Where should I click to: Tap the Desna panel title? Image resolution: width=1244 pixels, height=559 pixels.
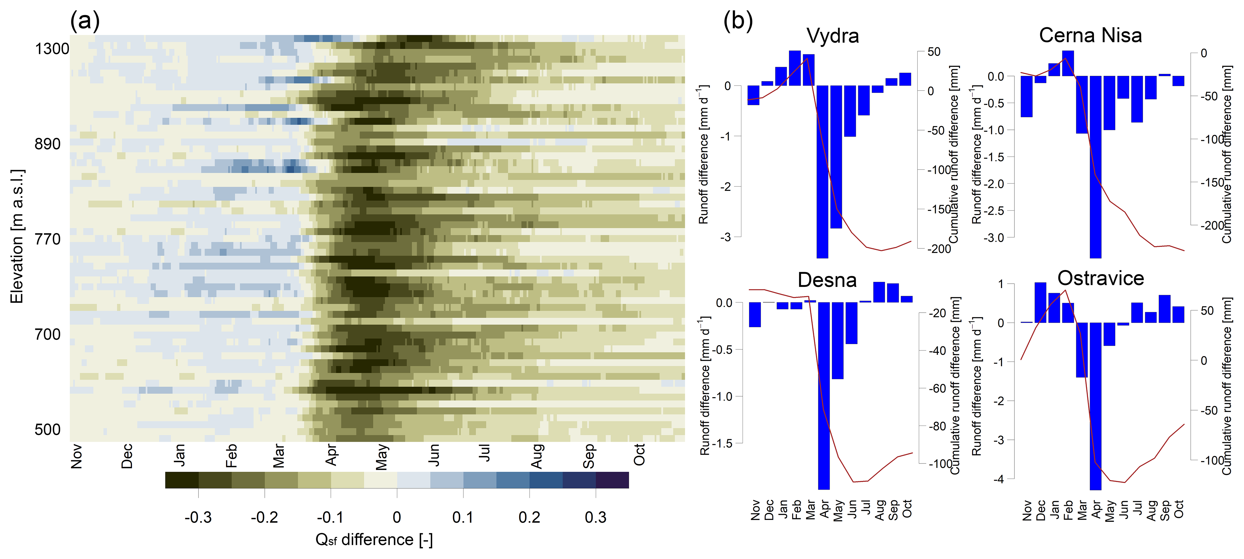827,280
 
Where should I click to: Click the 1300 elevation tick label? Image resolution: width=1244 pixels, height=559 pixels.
52,49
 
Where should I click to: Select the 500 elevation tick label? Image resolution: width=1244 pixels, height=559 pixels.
47,430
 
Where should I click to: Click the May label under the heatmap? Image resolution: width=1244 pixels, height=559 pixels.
382,457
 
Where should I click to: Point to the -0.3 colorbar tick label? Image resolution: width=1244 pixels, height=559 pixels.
198,518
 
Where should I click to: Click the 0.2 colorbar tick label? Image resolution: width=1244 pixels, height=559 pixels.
529,518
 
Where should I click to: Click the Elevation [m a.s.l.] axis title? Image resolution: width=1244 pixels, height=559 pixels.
17,237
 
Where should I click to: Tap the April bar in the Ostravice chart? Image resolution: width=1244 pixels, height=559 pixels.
1096,405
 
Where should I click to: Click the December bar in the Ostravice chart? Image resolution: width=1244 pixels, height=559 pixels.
1040,303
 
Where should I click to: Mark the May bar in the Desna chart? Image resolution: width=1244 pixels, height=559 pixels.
838,340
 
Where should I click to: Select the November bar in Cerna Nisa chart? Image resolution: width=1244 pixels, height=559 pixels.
1027,96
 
